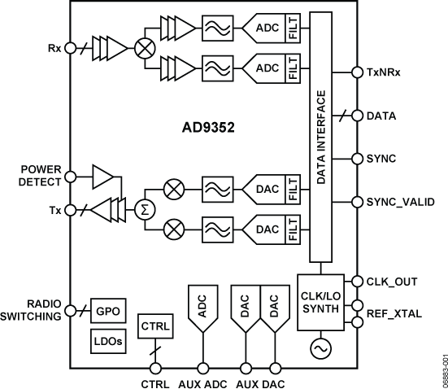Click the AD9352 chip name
209,129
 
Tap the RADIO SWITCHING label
36,311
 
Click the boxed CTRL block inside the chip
154,326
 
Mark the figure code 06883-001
438,369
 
